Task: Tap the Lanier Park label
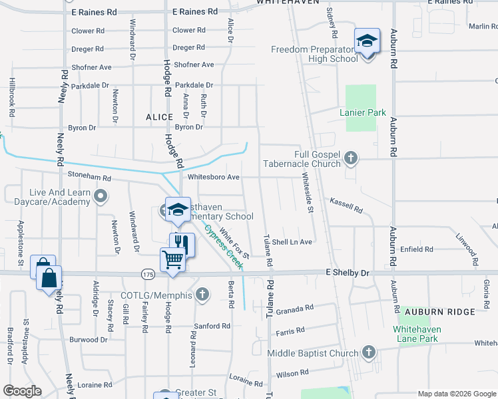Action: pos(362,112)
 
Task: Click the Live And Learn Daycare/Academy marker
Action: pos(101,196)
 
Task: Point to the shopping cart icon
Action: pos(172,259)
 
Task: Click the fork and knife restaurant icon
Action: pos(182,244)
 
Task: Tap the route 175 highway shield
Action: pos(148,273)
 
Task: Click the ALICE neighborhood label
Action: pos(159,117)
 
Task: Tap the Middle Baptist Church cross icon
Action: pos(368,352)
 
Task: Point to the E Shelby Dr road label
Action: pos(347,273)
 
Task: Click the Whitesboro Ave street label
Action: pos(213,178)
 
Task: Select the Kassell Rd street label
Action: pos(346,204)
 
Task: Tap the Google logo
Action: pos(23,391)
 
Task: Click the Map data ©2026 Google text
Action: pos(456,394)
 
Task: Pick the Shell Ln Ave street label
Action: pos(292,242)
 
